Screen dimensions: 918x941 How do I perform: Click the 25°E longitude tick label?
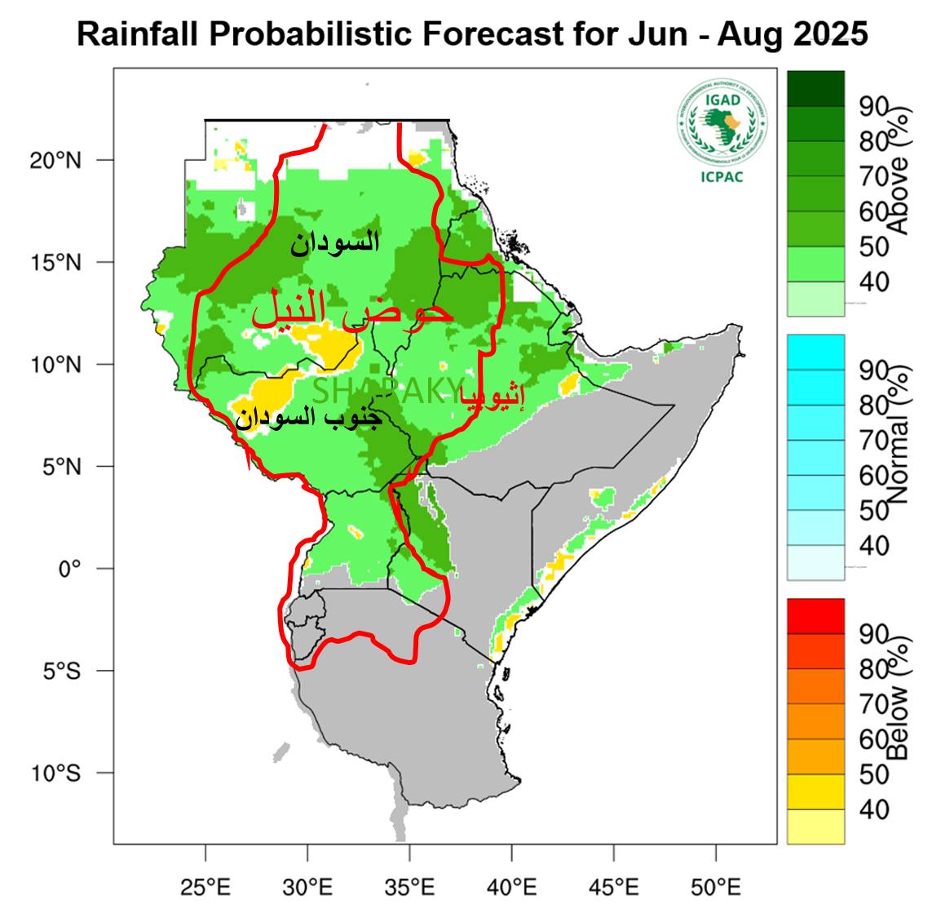coord(205,886)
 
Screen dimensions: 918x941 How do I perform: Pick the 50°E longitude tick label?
coord(715,886)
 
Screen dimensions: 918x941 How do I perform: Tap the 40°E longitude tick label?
coord(511,886)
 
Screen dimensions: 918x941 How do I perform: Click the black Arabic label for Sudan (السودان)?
coord(334,242)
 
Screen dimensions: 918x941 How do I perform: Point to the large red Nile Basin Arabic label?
coord(351,310)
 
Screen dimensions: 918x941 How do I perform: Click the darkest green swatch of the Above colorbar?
coord(815,88)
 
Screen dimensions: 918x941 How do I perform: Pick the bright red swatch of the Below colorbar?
coord(815,615)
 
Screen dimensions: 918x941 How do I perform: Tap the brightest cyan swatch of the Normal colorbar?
coord(815,352)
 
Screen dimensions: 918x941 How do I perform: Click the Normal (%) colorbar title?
coord(897,457)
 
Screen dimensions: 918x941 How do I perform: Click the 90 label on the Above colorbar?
coord(874,106)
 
